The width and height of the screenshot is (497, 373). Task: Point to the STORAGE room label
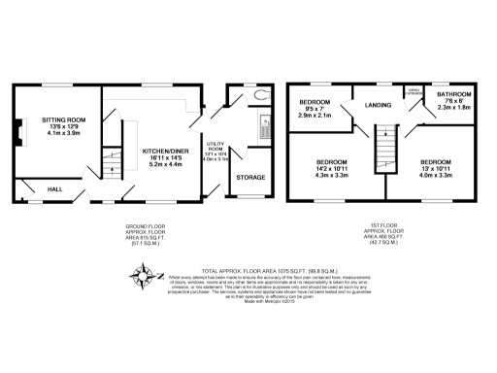pyautogui.click(x=248, y=177)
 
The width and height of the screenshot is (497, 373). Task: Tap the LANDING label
pyautogui.click(x=378, y=105)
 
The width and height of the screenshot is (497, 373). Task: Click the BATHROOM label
pyautogui.click(x=453, y=94)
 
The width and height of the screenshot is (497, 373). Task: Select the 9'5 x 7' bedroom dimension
pyautogui.click(x=315, y=110)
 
